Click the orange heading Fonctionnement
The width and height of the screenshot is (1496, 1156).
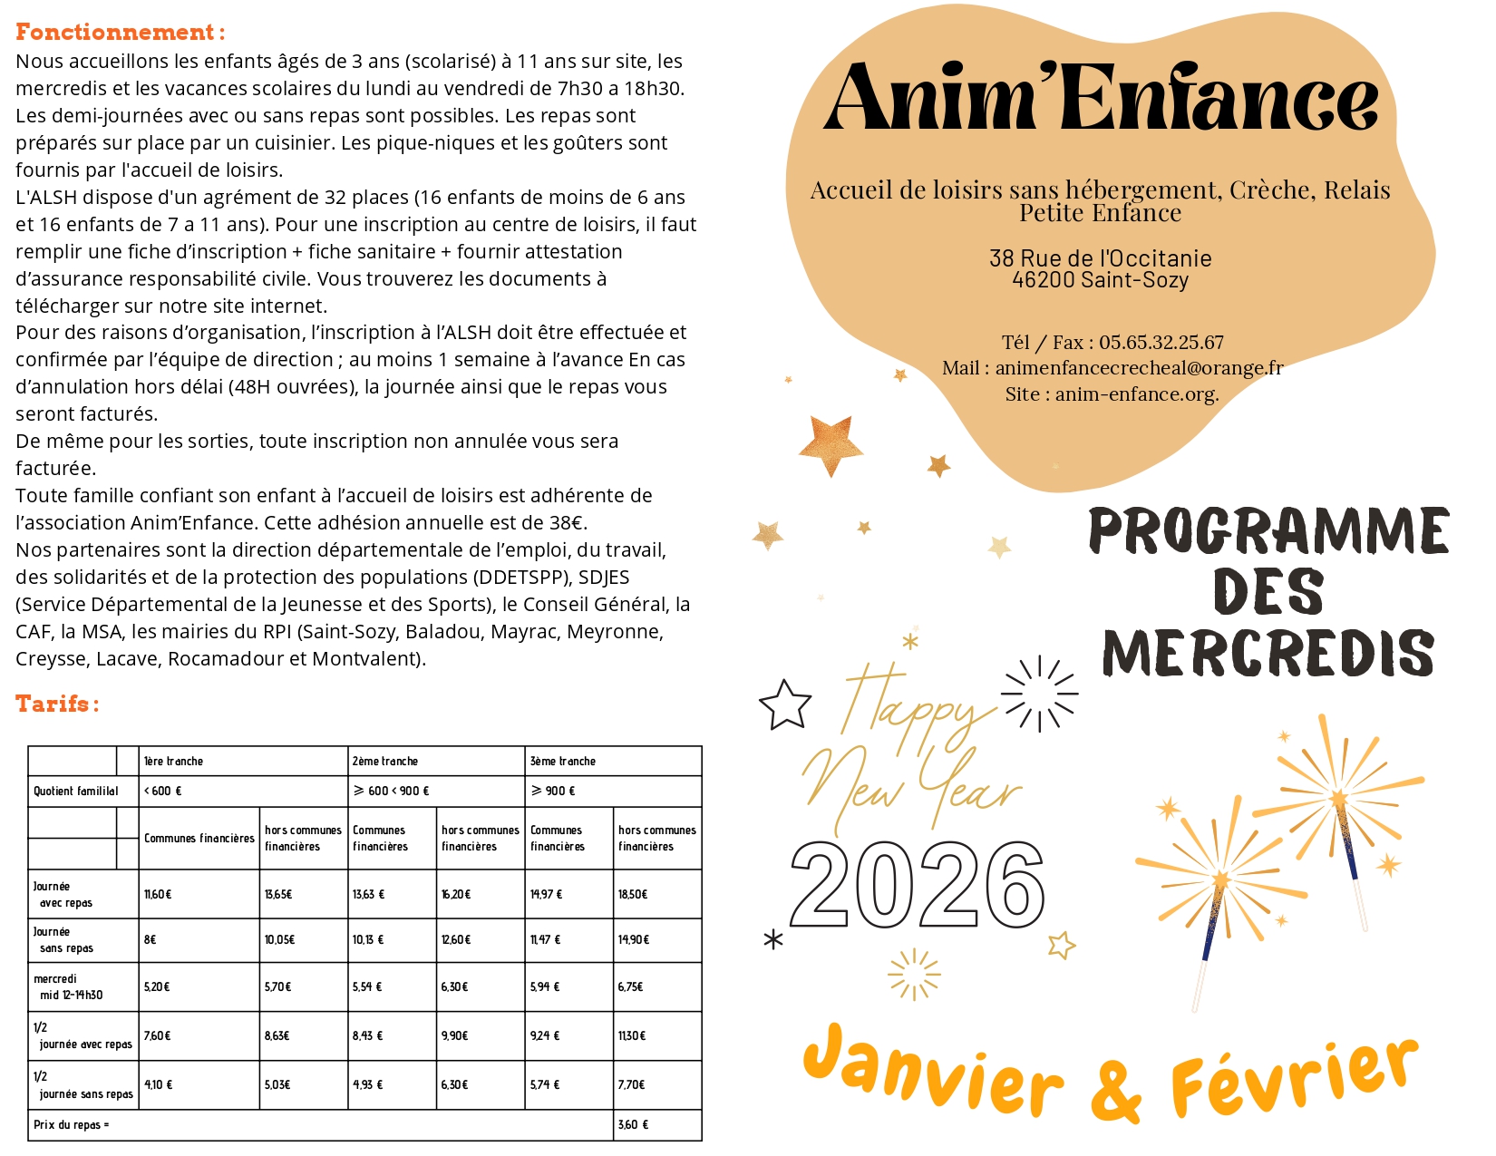[119, 33]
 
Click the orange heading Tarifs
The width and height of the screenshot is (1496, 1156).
[56, 704]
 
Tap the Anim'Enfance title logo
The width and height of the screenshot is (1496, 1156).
[1101, 97]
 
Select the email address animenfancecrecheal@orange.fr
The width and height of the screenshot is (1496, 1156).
[1139, 368]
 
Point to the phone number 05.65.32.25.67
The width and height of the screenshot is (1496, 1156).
[1161, 343]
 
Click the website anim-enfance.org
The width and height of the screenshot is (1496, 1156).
[1136, 394]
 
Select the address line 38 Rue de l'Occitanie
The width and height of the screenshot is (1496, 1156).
[1100, 258]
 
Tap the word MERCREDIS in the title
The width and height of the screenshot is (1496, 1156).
[1268, 654]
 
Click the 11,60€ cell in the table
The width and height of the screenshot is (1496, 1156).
[158, 895]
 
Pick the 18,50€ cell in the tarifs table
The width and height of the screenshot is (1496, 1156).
[632, 895]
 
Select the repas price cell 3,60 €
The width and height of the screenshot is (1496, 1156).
[633, 1125]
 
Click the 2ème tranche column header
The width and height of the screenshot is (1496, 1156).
[385, 762]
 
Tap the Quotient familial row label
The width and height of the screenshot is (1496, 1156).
[76, 792]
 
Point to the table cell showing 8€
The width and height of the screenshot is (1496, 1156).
[151, 940]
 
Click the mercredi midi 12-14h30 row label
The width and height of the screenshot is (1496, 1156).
[68, 987]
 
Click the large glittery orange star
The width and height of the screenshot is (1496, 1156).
[831, 444]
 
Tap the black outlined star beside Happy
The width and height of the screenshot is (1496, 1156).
[784, 705]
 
